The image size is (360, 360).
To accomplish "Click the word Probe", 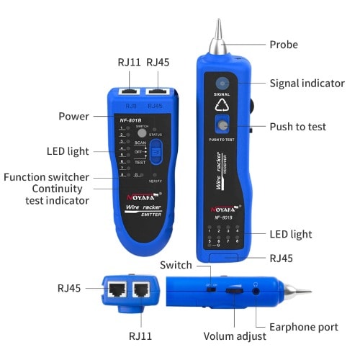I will (x=284, y=45).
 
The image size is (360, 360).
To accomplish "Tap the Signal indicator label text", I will (x=307, y=84).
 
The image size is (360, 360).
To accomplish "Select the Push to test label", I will (x=298, y=127).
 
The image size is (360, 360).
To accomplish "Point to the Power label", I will (x=74, y=116).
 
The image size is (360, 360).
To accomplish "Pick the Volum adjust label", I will (x=234, y=336).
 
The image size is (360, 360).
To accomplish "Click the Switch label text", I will (x=176, y=266).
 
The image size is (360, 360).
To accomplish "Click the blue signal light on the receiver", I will (x=222, y=84).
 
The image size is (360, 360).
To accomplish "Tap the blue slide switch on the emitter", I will (x=155, y=152).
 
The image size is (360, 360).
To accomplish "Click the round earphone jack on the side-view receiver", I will (x=256, y=293).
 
